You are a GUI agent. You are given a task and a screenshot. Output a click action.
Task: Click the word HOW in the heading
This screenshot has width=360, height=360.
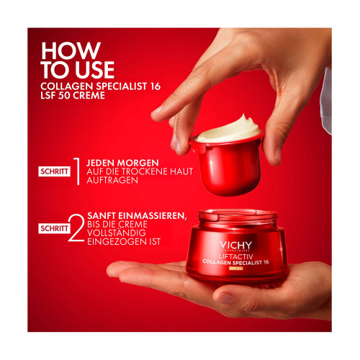tap(71, 50)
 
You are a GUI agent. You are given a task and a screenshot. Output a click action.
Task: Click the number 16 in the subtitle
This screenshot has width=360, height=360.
tap(155, 86)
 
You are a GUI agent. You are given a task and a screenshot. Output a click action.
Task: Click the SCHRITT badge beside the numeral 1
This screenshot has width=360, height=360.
tap(54, 171)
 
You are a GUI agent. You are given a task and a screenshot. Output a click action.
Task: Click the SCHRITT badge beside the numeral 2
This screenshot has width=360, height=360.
tap(54, 228)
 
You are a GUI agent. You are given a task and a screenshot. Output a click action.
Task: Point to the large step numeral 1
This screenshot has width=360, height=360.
tap(77, 171)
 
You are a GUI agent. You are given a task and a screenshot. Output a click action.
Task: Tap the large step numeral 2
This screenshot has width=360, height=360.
tap(76, 228)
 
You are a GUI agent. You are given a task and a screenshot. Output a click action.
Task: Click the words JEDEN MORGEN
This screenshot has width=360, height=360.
tap(122, 163)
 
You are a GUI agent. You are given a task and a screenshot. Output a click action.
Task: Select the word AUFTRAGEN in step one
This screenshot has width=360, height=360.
tap(112, 180)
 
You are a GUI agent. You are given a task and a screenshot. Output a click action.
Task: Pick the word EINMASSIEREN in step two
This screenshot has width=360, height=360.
tap(152, 216)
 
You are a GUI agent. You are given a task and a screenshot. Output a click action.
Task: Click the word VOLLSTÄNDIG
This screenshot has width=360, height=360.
tap(117, 233)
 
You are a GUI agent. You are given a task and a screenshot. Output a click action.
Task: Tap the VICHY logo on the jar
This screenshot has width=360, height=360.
tap(235, 246)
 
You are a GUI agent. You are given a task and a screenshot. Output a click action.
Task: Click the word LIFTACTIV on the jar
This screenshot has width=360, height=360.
tap(235, 256)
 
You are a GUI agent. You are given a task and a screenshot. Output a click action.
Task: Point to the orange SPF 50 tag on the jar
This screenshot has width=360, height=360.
tap(236, 268)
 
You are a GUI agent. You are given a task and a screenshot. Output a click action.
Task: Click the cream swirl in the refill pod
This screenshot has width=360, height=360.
tap(228, 130)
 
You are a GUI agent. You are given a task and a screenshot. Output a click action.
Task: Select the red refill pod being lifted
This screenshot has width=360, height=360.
tap(227, 166)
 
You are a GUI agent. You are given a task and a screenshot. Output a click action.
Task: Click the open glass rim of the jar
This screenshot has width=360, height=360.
tap(238, 215)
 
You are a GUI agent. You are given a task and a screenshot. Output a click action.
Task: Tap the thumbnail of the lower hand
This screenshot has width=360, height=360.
tap(225, 298)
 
